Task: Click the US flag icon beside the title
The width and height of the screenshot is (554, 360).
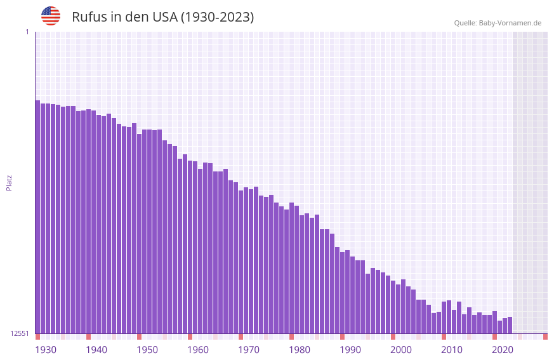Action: tap(51, 16)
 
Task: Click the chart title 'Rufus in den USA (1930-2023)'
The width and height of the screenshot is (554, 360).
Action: tap(162, 17)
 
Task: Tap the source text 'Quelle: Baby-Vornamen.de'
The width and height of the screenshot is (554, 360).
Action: tap(498, 23)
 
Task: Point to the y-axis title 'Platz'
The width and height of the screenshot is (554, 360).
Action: tap(9, 182)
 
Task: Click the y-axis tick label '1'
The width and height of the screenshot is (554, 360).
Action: tap(27, 32)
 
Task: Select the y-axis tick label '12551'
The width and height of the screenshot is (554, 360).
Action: tap(20, 333)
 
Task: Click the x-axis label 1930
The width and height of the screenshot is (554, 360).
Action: tap(46, 350)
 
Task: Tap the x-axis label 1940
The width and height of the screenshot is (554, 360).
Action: tap(96, 350)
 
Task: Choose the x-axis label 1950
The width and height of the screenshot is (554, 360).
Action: tap(147, 350)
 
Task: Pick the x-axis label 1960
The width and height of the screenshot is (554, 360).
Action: tap(198, 350)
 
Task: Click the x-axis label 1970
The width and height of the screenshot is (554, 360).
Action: tap(249, 350)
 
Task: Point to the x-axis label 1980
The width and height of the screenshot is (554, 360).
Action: tap(300, 350)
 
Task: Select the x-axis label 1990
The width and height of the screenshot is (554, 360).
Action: tap(350, 350)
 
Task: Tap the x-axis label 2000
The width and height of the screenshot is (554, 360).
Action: tap(401, 350)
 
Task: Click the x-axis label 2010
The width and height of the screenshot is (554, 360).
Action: tap(452, 350)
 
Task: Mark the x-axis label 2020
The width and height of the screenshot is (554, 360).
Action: tap(503, 350)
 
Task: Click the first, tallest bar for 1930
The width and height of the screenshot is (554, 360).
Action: tap(37, 216)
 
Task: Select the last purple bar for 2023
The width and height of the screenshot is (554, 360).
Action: tap(510, 325)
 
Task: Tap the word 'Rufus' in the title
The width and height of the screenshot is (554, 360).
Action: tap(89, 17)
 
